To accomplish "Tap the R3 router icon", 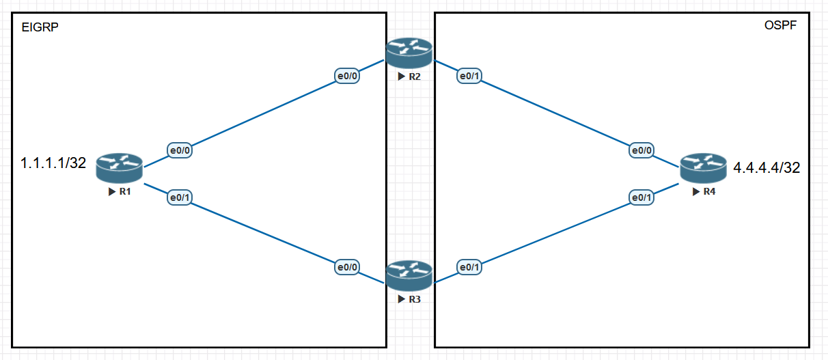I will pos(409,275).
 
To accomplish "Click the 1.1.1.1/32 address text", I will pos(53,163).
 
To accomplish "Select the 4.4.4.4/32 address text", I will pos(767,167).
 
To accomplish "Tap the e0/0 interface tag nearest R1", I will pos(179,150).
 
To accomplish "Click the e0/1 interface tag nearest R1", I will pos(179,197).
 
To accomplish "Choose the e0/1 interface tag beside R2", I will pos(469,77).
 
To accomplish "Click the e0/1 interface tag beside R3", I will pos(469,267).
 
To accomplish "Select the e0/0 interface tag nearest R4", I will pos(642,150).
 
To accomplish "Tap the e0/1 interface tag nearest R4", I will pos(642,197).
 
